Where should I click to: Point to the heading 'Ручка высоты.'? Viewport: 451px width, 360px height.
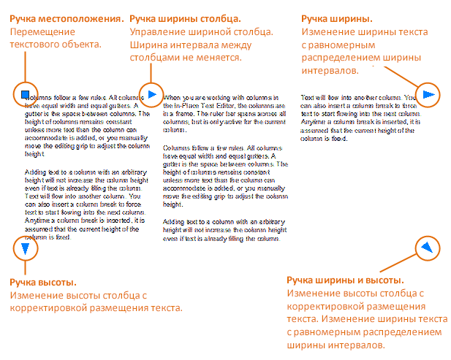(45, 281)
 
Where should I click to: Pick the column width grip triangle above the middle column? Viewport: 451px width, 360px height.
(151, 93)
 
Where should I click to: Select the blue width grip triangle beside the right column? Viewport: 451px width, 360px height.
(429, 94)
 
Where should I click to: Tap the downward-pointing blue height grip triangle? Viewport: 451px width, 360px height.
(26, 249)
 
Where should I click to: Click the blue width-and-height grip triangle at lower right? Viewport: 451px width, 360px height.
(426, 248)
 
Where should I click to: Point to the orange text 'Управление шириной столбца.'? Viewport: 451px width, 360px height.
(200, 31)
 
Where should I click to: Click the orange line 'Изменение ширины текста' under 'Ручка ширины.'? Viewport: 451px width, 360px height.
(365, 31)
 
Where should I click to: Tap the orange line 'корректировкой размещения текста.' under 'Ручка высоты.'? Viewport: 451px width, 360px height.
(96, 307)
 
